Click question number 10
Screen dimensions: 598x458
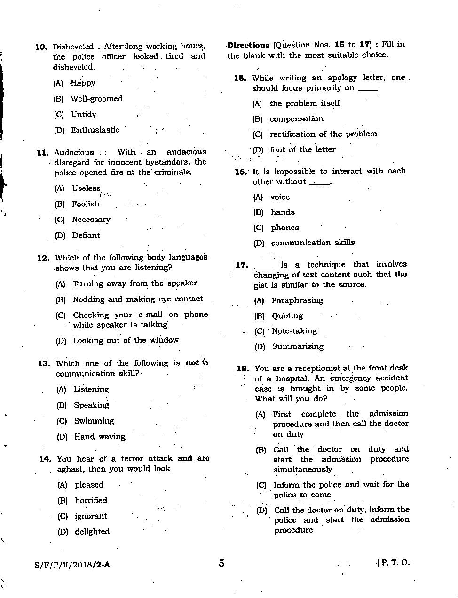click(x=41, y=47)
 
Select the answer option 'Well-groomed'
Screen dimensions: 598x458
click(x=96, y=99)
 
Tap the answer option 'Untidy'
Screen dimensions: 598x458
click(x=83, y=114)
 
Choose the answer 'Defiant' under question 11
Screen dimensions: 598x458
click(x=86, y=235)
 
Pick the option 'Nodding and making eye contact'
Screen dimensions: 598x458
click(x=138, y=299)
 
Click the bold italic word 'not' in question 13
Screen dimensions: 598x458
click(x=192, y=362)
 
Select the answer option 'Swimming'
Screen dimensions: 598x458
click(x=94, y=421)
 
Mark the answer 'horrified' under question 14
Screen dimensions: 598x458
click(x=91, y=500)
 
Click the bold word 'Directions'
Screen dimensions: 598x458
click(x=248, y=45)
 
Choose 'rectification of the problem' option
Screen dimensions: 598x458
click(x=323, y=134)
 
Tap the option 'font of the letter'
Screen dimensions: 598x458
click(x=302, y=149)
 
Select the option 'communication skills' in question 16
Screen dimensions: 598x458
click(x=313, y=243)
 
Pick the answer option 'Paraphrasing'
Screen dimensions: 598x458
click(x=297, y=300)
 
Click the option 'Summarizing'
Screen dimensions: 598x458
click(x=298, y=346)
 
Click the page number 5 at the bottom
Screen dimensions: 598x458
click(x=221, y=563)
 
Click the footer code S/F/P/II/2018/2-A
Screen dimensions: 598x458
click(x=72, y=565)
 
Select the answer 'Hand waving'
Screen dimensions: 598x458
click(x=100, y=436)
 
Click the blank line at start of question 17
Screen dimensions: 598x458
click(x=263, y=267)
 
